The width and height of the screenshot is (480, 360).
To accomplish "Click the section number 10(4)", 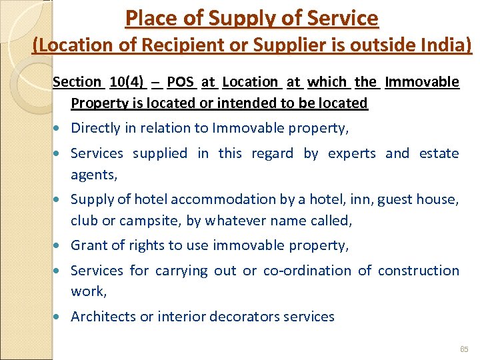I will [126, 82].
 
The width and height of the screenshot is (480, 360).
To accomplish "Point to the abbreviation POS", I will [180, 82].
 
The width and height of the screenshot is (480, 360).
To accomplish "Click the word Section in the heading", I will [77, 82].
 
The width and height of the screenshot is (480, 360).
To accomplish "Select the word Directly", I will [96, 128].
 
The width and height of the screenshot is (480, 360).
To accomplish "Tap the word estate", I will [439, 153].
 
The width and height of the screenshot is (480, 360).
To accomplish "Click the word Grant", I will [89, 245].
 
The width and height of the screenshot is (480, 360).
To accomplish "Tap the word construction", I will [419, 271].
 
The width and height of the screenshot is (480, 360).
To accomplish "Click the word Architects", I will [103, 317].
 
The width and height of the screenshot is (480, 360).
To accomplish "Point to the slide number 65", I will [465, 349].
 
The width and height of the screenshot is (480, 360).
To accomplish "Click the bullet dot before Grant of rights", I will [61, 246].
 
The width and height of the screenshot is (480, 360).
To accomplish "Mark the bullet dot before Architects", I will [61, 317].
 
